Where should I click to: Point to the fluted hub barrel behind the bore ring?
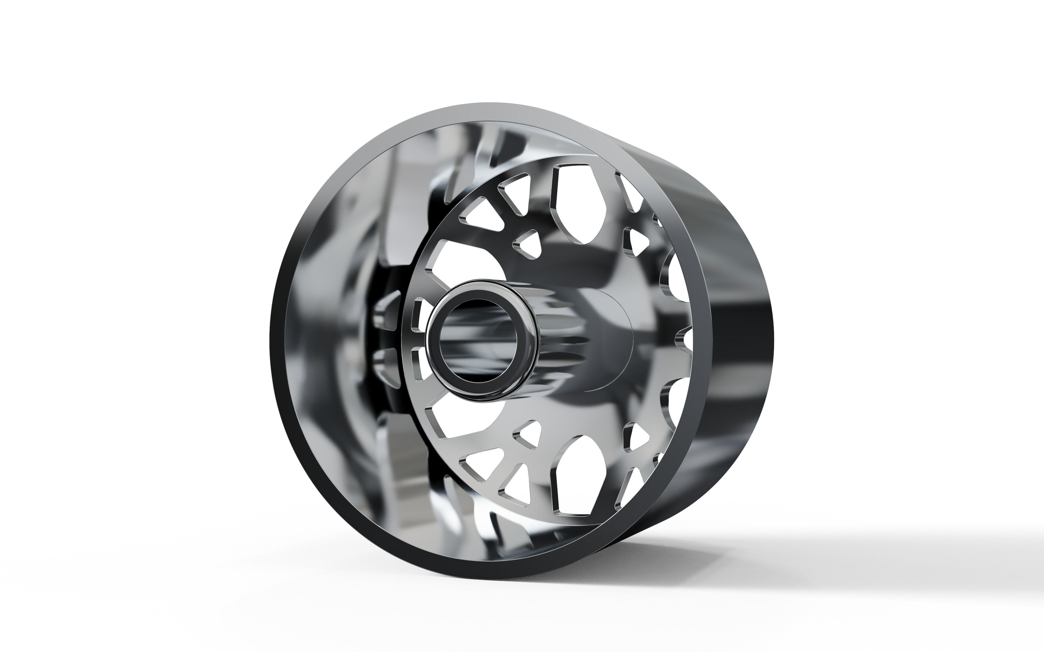[561, 341]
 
